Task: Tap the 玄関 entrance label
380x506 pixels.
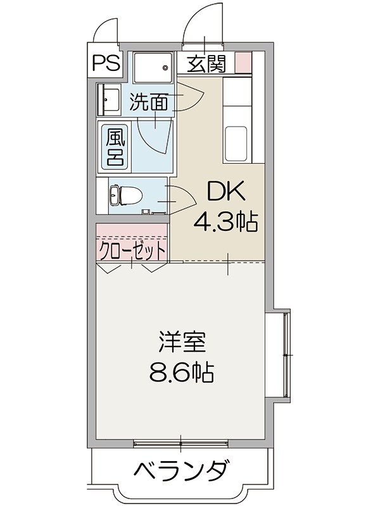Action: tap(206, 65)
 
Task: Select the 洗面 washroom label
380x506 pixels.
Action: tap(149, 102)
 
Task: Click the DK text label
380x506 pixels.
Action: tap(218, 192)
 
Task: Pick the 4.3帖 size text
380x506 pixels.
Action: tap(225, 221)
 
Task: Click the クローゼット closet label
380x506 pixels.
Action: tap(132, 250)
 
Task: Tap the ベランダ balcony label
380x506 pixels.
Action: tap(181, 471)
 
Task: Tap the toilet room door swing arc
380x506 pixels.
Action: tap(182, 196)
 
